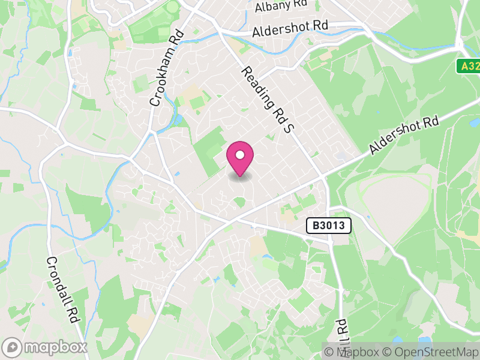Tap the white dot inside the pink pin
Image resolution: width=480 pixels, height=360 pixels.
240,155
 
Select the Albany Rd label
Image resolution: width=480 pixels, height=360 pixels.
280,7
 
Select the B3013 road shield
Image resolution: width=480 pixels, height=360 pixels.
328,226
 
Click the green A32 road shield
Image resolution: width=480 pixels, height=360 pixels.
469,67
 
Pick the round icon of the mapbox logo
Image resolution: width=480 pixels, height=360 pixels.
13,347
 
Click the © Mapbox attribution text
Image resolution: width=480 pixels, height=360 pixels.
356,352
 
